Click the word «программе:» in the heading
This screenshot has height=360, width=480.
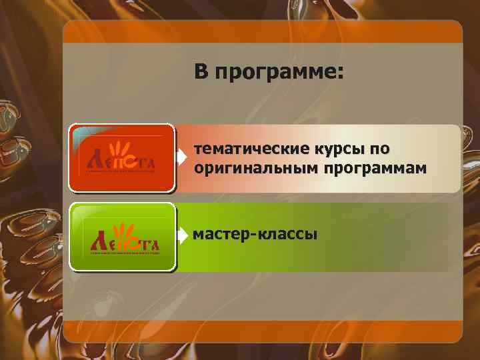[279, 73]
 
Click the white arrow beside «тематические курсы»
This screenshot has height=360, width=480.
[182, 158]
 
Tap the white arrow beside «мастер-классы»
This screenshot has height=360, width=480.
[182, 235]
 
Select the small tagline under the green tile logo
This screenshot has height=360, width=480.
[124, 253]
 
